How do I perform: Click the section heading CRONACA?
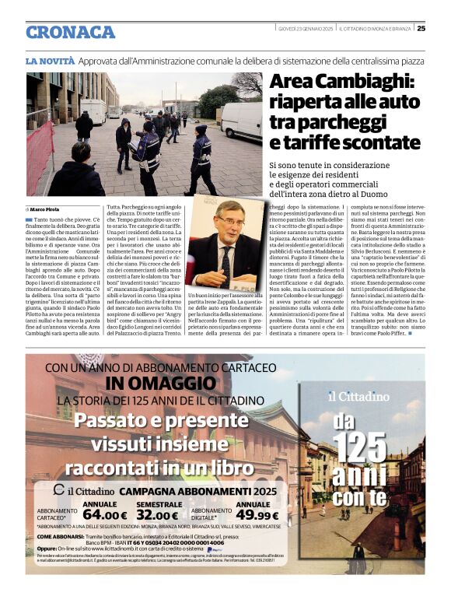point(70,32)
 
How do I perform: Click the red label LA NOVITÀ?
point(49,60)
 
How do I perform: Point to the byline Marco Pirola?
point(46,210)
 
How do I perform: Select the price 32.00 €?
point(157,514)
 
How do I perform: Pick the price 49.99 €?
point(257,514)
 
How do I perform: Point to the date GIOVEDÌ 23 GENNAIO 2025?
point(305,29)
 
